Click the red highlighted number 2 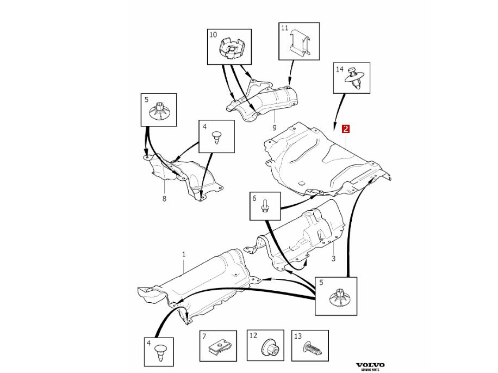click(345, 129)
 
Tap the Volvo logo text click(370, 365)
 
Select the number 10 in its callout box click(213, 35)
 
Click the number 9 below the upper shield click(275, 128)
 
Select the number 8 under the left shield click(164, 199)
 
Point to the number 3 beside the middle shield click(333, 259)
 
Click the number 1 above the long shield click(184, 254)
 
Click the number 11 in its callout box click(284, 27)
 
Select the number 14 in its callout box click(340, 69)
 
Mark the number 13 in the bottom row click(297, 337)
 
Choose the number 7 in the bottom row click(204, 337)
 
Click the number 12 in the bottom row click(253, 337)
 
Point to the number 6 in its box click(254, 199)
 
